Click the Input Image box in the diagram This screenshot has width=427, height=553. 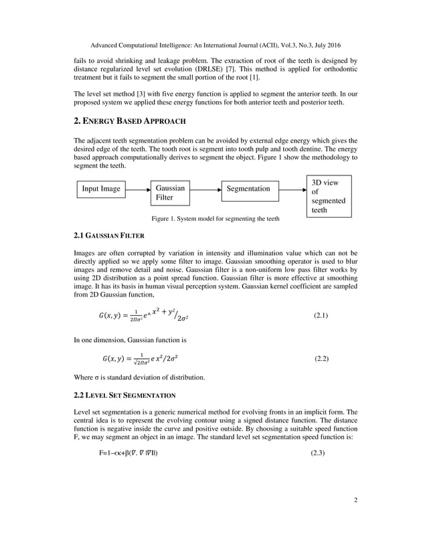pos(100,189)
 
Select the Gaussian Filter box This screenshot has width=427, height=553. pos(169,193)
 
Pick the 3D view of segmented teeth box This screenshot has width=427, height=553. pos(329,195)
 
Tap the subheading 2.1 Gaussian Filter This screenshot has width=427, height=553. pos(107,236)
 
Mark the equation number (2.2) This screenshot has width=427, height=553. pos(321,359)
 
